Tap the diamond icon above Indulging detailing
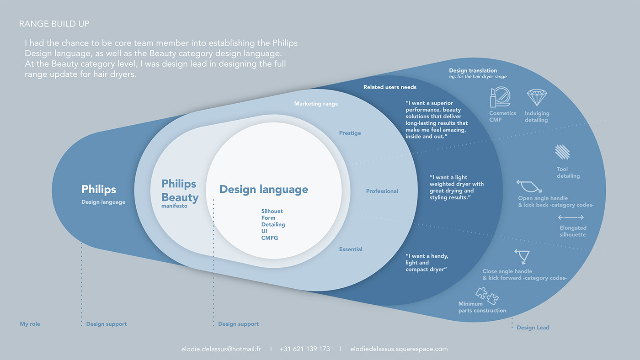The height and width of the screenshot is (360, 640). point(537,98)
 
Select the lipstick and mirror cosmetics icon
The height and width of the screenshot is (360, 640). point(502,98)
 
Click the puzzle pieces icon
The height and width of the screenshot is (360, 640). point(487,295)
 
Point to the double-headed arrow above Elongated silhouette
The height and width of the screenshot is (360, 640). point(571,217)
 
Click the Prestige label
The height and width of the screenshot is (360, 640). point(350,133)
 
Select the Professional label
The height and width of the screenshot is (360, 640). point(382,191)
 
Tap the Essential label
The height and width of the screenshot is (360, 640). point(351,249)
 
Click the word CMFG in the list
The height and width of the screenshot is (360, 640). point(270,238)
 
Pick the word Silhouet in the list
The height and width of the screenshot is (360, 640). point(272,211)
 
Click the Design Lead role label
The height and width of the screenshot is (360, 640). point(533,328)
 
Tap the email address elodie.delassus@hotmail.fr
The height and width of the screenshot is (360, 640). point(221,349)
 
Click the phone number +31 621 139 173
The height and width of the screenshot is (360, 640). point(304,349)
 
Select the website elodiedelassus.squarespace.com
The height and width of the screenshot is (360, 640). point(399,349)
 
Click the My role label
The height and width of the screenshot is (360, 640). point(30,324)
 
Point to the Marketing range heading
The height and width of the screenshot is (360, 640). point(316,104)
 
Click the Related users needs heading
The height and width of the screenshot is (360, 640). point(389,87)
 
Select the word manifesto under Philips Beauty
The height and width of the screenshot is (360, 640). point(174,206)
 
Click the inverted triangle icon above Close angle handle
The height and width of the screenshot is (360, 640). point(522,256)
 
